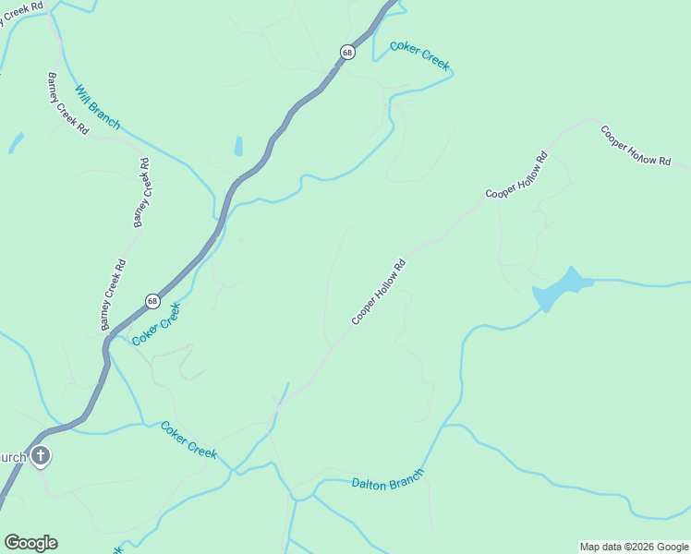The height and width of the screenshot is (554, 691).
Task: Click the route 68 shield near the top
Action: [346, 53]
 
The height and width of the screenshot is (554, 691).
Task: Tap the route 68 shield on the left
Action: [152, 301]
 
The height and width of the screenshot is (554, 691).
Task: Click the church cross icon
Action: [40, 455]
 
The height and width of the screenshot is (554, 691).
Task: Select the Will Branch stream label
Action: [97, 107]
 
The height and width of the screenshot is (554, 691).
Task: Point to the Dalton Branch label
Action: [387, 479]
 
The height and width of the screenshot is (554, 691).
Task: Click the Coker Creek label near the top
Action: [419, 55]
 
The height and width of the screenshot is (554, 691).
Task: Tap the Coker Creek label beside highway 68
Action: [155, 324]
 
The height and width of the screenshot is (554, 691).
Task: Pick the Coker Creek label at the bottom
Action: [188, 440]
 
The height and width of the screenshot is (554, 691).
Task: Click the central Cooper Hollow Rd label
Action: [379, 292]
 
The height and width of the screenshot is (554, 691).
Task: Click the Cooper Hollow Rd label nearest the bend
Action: [517, 175]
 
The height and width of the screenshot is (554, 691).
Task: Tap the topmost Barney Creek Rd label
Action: [67, 102]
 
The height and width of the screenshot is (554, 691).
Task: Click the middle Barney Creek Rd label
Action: [140, 193]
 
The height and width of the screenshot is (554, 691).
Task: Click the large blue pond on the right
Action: [559, 290]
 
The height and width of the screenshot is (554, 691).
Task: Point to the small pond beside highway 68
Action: [238, 146]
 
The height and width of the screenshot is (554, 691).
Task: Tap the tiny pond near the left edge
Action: [16, 142]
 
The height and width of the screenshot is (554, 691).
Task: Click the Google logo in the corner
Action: [30, 543]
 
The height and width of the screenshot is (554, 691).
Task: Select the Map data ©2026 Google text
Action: [634, 547]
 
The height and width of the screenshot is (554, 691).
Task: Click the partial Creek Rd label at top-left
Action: [20, 6]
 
